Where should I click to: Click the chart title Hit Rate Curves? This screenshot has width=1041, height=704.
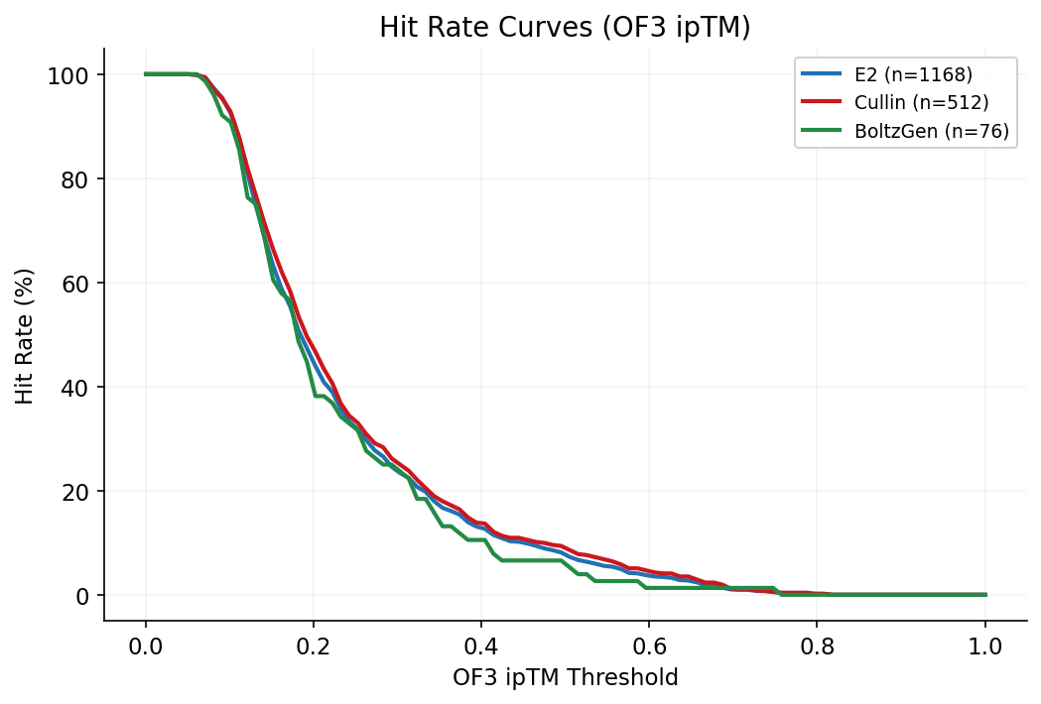[565, 28]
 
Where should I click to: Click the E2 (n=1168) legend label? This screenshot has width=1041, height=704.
[913, 74]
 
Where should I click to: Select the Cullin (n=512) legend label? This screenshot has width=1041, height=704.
[921, 102]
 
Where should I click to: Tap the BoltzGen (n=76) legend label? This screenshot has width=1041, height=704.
[931, 131]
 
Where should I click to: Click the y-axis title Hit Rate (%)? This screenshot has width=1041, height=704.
[25, 334]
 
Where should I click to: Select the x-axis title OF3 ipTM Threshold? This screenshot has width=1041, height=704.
[565, 678]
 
